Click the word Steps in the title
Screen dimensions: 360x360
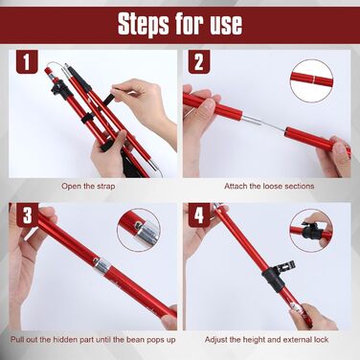point(144,24)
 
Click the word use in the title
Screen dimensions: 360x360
point(226,25)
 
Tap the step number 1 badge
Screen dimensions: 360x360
point(27,61)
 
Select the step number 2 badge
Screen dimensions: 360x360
point(199,62)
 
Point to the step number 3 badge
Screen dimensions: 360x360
point(28,214)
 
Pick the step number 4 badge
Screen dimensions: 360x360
point(199,214)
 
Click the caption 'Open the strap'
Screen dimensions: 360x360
point(88,186)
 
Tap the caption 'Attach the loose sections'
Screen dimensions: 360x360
point(269,186)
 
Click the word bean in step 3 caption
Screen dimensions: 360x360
point(136,340)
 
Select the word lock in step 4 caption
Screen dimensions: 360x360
point(321,340)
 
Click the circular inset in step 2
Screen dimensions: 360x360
point(311,80)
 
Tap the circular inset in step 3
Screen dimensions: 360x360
point(139,230)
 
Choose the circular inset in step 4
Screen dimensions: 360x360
point(311,231)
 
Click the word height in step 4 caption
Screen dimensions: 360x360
point(254,340)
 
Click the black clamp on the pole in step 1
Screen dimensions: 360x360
point(58,89)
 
